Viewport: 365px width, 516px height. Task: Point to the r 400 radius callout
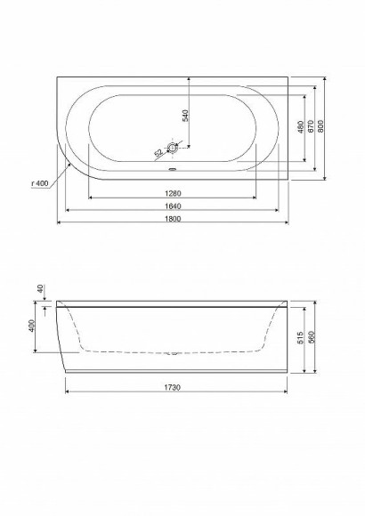point(39,183)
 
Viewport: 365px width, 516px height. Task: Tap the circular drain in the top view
point(173,149)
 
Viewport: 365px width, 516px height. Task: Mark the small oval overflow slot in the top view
point(173,165)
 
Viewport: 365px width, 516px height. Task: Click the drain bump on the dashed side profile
point(173,353)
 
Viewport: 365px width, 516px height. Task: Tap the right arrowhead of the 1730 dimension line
point(287,392)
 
